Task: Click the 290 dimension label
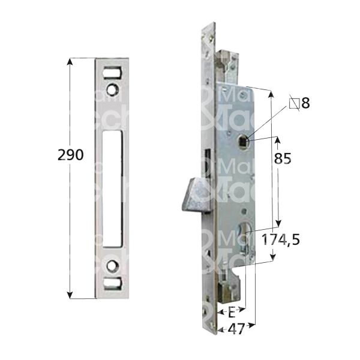tap(71, 155)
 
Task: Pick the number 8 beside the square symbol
tap(305, 103)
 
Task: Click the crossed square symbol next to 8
tap(294, 103)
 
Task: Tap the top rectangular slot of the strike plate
tap(113, 70)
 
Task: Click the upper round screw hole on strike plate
tap(113, 89)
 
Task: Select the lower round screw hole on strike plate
tap(113, 264)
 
